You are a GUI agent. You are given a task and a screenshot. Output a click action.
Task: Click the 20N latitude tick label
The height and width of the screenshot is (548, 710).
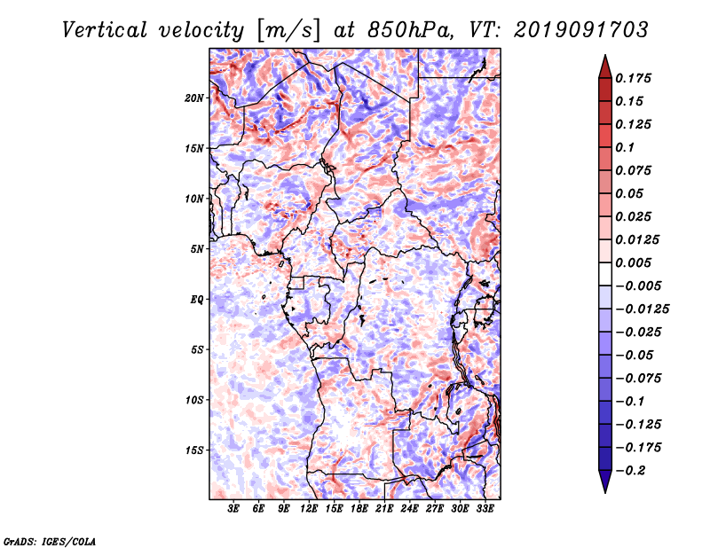(x=194, y=98)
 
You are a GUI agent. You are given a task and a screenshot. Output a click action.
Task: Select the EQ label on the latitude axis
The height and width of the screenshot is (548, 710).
(x=196, y=300)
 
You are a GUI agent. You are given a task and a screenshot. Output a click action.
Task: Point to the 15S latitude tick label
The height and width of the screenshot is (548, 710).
(x=194, y=450)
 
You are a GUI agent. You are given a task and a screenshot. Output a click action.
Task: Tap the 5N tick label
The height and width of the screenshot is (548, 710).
(x=196, y=249)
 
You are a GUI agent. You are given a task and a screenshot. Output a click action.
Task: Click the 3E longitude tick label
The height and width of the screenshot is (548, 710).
(x=233, y=509)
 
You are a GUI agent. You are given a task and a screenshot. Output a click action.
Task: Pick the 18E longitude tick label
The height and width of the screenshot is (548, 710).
(x=359, y=509)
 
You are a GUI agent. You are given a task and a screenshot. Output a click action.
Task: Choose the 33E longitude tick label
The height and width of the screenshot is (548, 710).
(x=485, y=509)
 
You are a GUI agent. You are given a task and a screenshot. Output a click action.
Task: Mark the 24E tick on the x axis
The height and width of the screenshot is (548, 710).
(x=409, y=509)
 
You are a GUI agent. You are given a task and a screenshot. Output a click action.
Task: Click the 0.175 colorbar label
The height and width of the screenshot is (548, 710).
(x=633, y=78)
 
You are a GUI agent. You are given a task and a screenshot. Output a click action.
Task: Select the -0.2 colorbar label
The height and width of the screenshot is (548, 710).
(x=631, y=471)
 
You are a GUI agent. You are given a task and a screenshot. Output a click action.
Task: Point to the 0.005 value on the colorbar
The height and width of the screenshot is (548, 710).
(x=633, y=262)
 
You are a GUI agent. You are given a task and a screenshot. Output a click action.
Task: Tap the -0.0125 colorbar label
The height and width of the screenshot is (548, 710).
(x=642, y=309)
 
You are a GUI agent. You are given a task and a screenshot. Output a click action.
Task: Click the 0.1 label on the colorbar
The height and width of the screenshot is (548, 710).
(x=625, y=147)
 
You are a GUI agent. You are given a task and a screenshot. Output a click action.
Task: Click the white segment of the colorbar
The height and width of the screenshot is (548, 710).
(x=605, y=274)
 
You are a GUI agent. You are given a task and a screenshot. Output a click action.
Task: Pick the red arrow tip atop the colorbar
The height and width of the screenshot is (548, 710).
(x=605, y=56)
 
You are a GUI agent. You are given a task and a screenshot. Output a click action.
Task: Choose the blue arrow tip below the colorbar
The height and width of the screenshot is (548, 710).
(x=605, y=492)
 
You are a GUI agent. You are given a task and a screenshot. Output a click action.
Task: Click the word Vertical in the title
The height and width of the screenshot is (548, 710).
(x=105, y=30)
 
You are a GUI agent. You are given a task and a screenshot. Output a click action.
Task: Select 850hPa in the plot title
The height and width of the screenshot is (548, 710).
(x=410, y=30)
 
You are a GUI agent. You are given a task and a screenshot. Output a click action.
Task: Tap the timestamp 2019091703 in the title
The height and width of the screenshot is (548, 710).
(x=581, y=30)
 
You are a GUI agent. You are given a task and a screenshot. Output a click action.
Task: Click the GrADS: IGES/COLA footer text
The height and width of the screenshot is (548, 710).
(x=50, y=541)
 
